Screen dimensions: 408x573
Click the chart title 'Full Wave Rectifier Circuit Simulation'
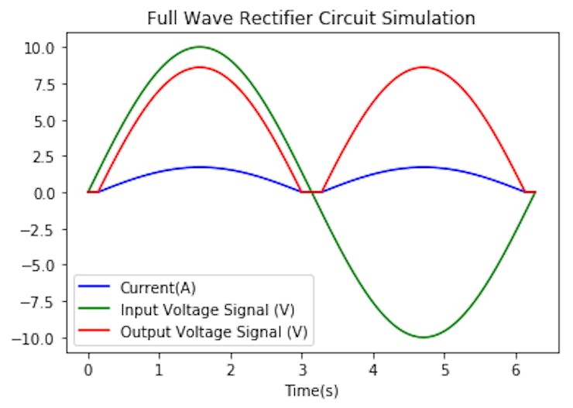[311, 17]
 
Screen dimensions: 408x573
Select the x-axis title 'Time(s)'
[311, 391]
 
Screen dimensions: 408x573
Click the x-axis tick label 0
[88, 368]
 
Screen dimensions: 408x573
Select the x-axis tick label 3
[302, 368]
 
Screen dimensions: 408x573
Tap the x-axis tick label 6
[516, 368]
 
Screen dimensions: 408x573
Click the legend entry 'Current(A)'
[158, 289]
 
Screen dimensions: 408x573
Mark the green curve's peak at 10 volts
[200, 47]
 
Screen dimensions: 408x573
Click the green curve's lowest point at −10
[423, 338]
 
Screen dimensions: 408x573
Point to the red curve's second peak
[423, 67]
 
